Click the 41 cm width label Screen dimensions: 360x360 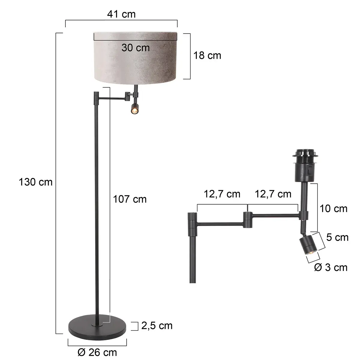121,14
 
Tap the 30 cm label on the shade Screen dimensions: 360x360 135,47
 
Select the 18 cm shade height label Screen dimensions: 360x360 207,55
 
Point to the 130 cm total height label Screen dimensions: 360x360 35,182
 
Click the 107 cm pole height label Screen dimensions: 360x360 130,199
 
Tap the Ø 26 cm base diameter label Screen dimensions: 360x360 97,352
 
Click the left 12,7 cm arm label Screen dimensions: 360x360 222,194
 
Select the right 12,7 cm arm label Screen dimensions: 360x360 273,194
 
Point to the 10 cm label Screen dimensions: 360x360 333,208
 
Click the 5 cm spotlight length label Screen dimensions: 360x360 337,238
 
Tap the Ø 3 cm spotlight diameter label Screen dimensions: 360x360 331,267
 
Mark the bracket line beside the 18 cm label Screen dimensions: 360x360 190,56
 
